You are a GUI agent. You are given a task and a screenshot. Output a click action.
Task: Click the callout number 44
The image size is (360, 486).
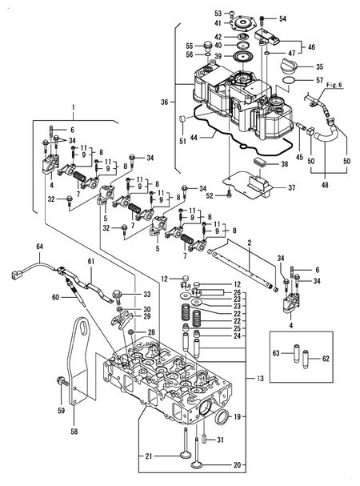click(x=192, y=138)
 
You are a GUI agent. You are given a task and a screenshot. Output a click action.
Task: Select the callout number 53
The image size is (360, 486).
click(x=218, y=13)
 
